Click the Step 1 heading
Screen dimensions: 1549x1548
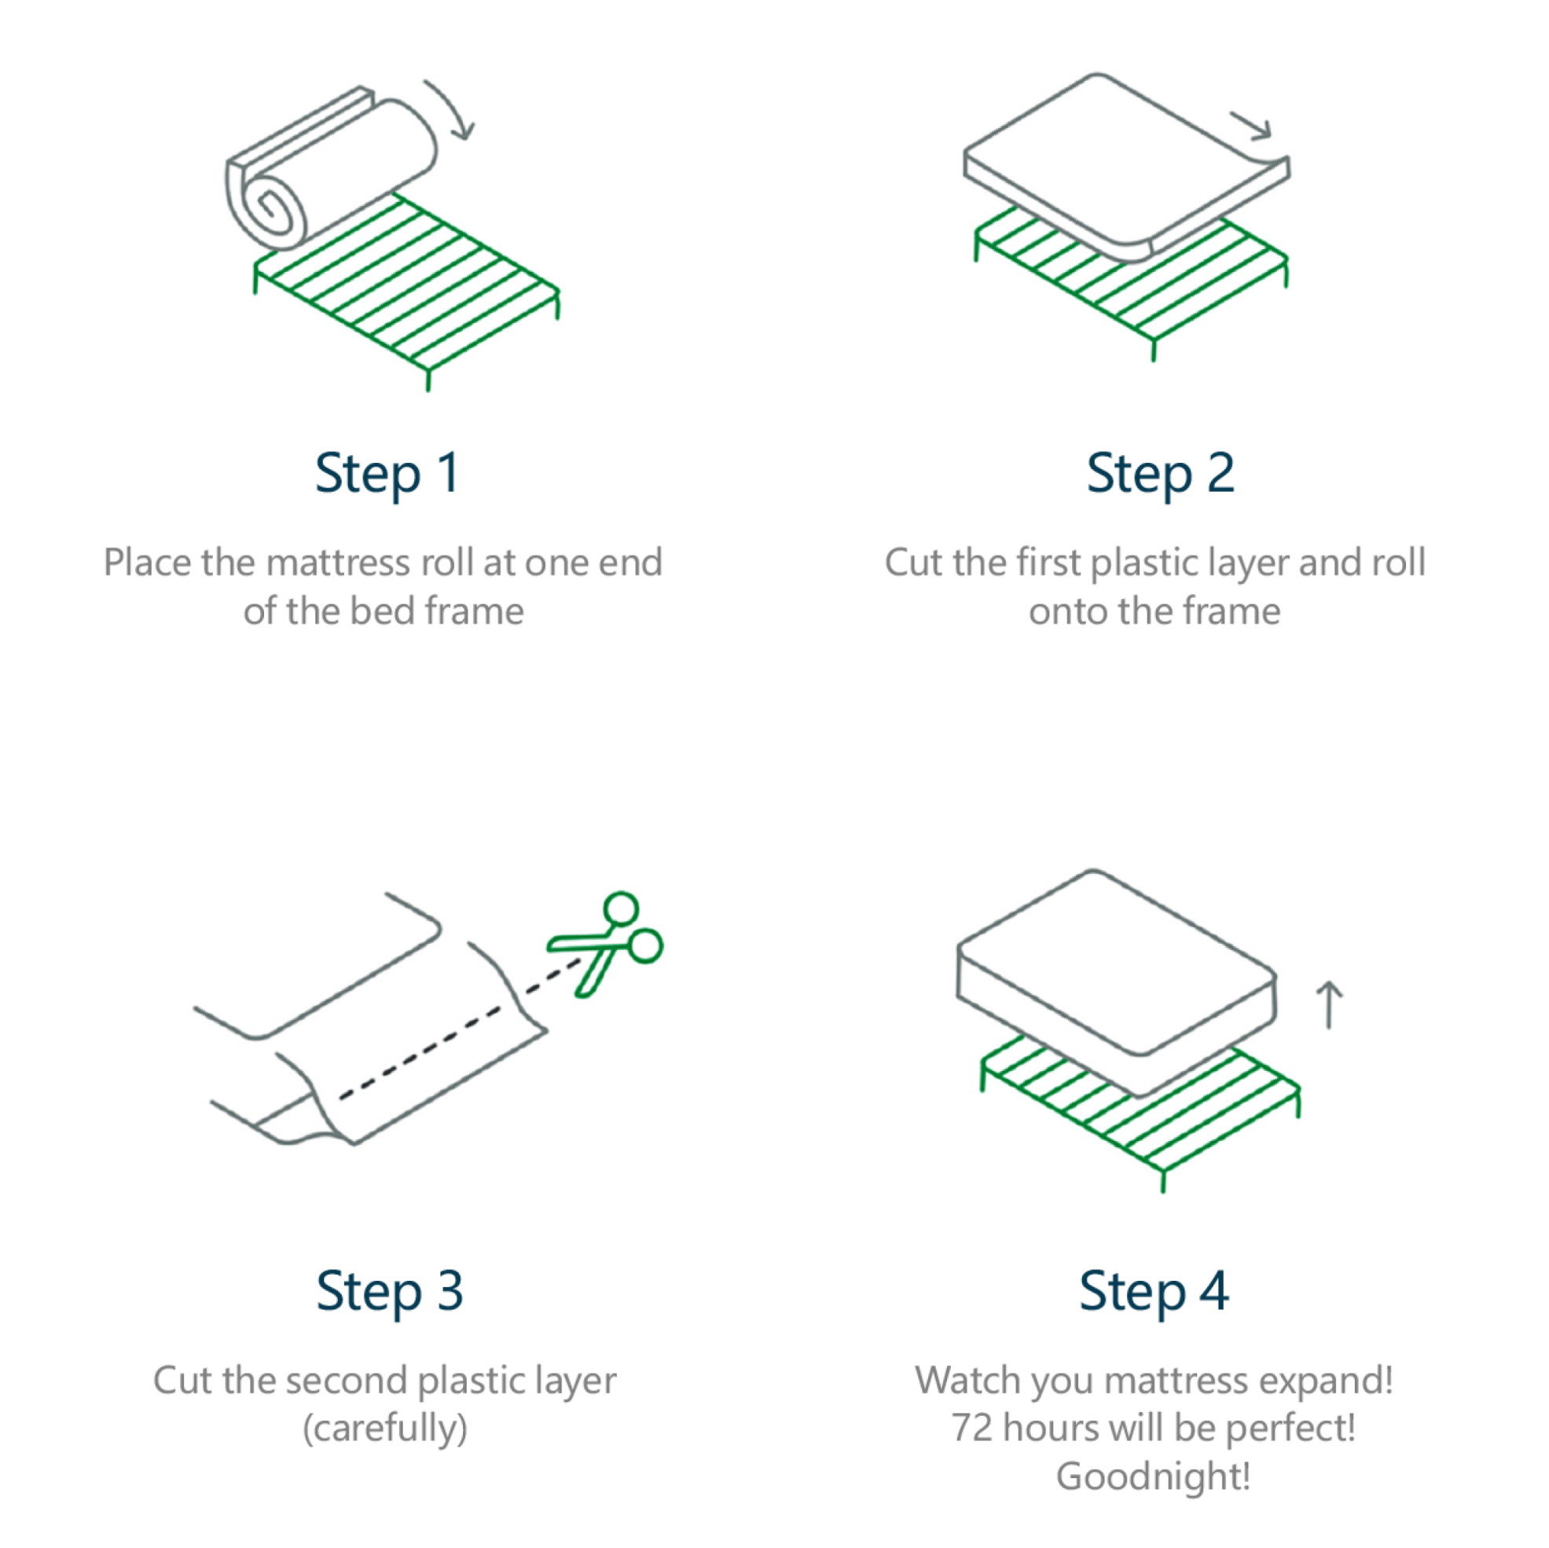387,475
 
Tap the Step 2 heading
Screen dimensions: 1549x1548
1160,475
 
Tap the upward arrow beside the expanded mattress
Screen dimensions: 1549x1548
1329,1004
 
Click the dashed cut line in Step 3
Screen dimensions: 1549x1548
460,1030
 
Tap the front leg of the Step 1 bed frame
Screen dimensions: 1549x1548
428,379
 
